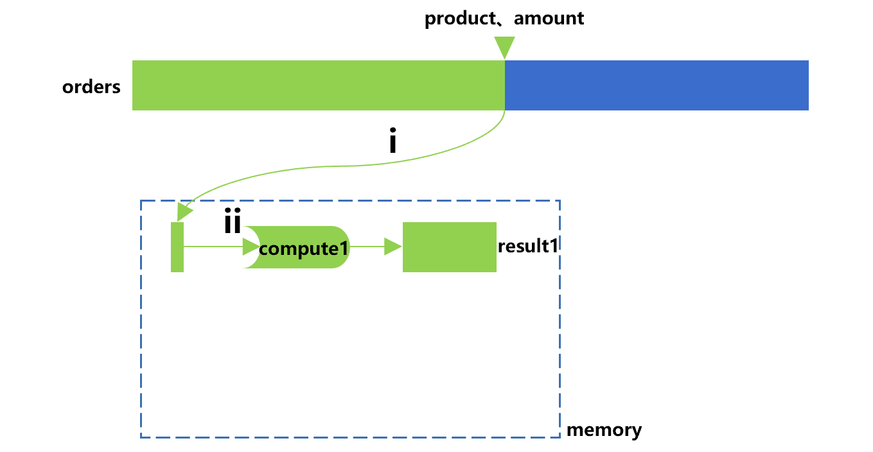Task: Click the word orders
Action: (x=91, y=87)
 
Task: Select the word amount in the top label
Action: (x=549, y=18)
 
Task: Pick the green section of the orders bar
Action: (x=318, y=85)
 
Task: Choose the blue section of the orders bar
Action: (x=656, y=85)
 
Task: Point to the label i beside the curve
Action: (x=392, y=143)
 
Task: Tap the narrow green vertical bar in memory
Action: (x=177, y=247)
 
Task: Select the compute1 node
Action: (x=302, y=247)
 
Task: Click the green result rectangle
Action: (x=449, y=247)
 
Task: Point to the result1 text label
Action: (x=527, y=246)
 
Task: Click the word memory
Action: (x=604, y=430)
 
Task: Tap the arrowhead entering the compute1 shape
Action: (x=251, y=247)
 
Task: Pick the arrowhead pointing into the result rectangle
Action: (x=393, y=247)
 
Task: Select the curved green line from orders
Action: (x=334, y=166)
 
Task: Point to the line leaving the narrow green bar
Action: (x=212, y=247)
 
